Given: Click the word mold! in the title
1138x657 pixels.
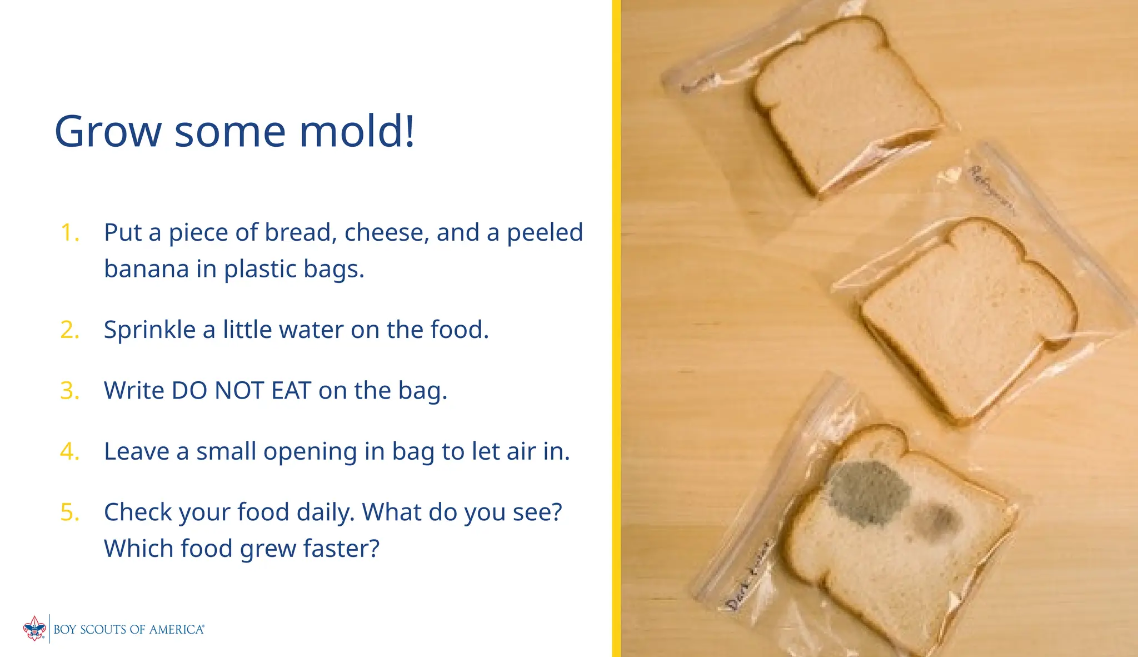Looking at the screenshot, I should (357, 131).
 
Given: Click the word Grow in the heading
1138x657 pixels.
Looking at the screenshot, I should (108, 132).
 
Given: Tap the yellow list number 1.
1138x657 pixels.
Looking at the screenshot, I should (69, 232).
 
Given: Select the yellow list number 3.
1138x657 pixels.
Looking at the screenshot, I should (69, 390).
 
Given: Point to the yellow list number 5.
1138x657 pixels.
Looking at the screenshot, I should (69, 512).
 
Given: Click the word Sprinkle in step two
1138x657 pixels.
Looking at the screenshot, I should (149, 330).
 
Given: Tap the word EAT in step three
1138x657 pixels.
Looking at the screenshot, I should (291, 390).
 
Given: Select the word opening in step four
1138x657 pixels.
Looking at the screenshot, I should (310, 452).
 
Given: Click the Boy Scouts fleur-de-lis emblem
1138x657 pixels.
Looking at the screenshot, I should (34, 629).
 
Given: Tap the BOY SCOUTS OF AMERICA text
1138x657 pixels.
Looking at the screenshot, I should (128, 629).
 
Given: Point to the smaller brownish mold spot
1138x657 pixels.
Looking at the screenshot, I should (935, 520).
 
